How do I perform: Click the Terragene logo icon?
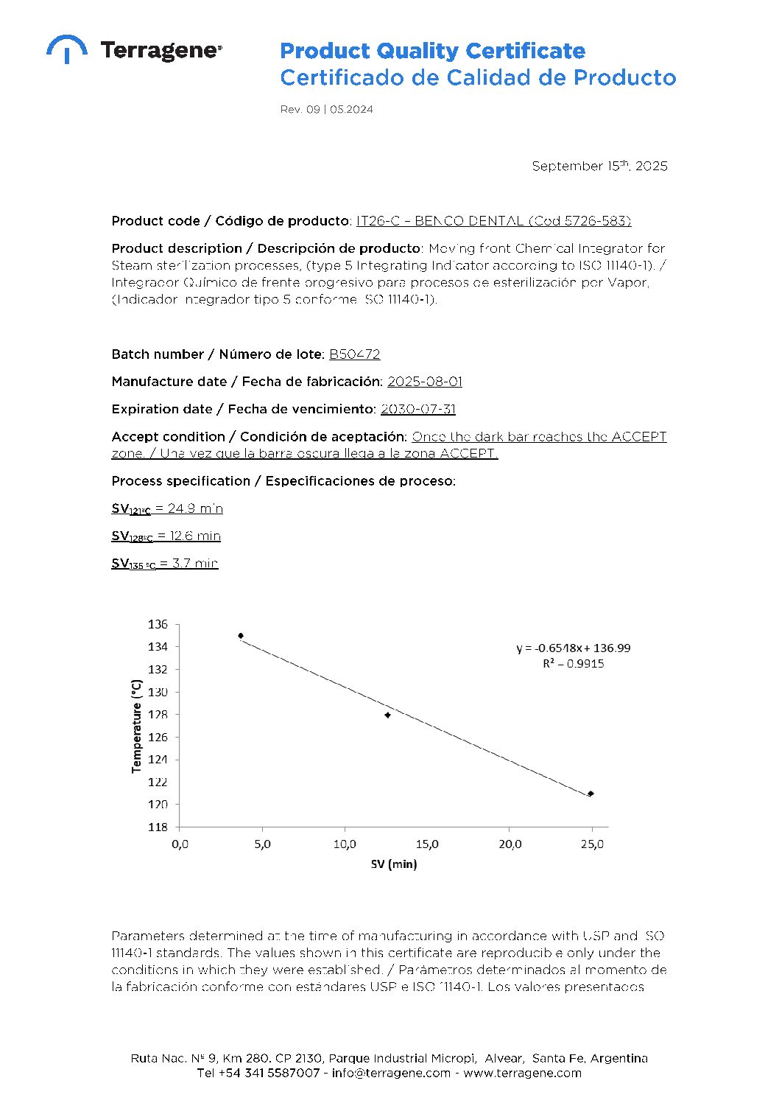click(66, 49)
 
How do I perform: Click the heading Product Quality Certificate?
click(432, 51)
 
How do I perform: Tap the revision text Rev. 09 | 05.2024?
click(326, 109)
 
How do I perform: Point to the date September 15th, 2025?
click(599, 166)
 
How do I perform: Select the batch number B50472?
click(354, 354)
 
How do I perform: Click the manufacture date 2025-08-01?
click(425, 382)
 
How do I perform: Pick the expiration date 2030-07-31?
click(418, 409)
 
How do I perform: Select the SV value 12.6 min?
click(188, 536)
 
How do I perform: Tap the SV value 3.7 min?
click(188, 564)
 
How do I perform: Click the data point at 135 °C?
click(241, 636)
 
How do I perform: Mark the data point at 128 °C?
click(388, 715)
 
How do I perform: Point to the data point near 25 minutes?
click(591, 794)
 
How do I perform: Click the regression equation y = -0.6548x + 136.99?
click(573, 648)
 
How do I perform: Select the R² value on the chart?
click(573, 664)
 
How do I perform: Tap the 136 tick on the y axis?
click(158, 624)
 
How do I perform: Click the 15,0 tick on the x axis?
click(427, 844)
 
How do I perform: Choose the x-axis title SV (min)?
click(393, 864)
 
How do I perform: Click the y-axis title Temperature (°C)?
click(136, 726)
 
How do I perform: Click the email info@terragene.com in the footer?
click(391, 1073)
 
